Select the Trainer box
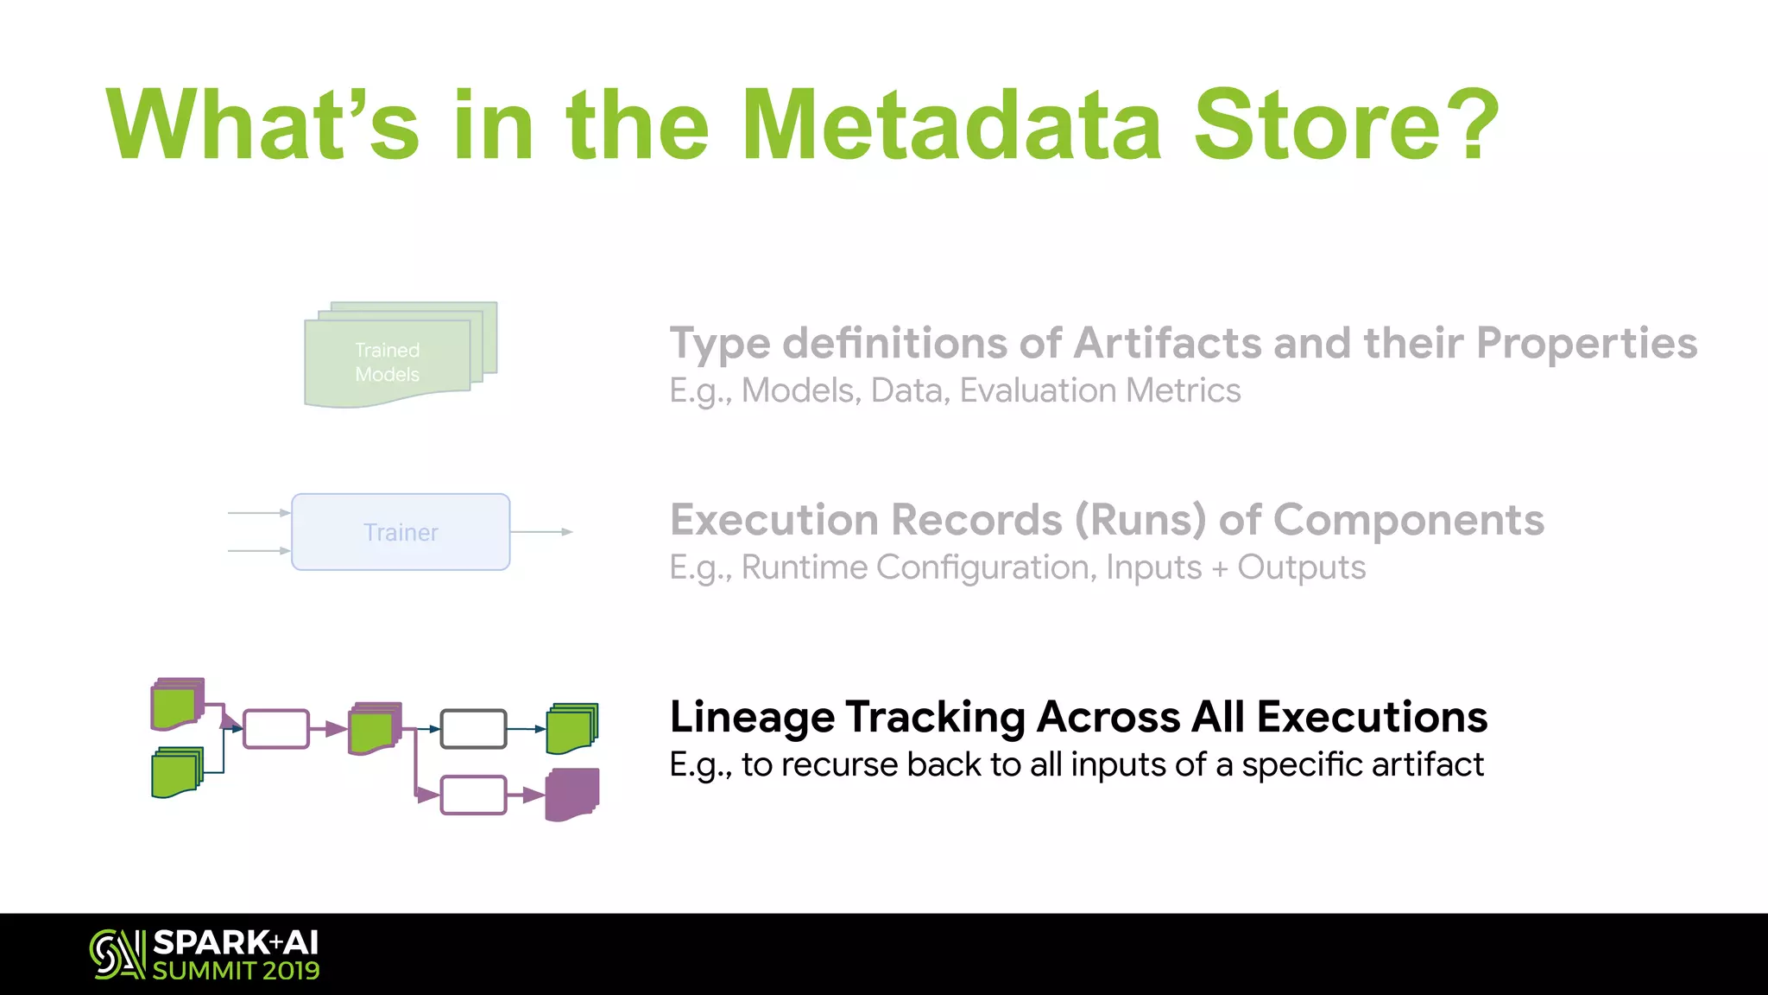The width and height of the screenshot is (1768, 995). click(401, 532)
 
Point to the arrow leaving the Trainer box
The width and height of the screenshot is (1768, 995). click(542, 532)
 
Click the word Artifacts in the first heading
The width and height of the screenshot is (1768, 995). click(1166, 343)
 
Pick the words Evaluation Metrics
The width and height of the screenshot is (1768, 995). click(1100, 391)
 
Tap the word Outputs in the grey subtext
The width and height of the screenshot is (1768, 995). click(1301, 568)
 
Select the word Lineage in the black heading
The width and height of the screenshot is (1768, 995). click(751, 717)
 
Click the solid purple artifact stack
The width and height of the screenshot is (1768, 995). click(572, 794)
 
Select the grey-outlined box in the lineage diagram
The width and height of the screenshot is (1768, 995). click(473, 729)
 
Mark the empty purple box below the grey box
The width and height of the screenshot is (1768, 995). click(473, 795)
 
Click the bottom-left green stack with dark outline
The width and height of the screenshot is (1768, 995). click(176, 773)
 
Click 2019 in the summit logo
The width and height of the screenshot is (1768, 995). click(291, 971)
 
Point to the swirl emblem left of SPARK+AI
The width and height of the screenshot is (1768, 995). click(117, 954)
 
